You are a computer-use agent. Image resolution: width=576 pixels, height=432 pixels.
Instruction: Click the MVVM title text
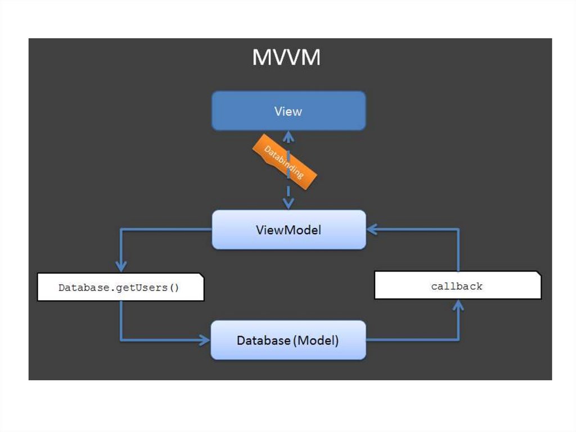[x=286, y=58]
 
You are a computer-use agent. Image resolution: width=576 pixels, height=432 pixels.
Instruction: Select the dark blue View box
[x=289, y=111]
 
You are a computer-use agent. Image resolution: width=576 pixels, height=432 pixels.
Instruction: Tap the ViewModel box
[x=289, y=230]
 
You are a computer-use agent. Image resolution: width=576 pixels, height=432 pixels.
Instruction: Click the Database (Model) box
[x=288, y=340]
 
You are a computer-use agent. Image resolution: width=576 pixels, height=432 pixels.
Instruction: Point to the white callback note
[x=457, y=286]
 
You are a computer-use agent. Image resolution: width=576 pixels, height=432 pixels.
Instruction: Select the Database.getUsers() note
[x=120, y=288]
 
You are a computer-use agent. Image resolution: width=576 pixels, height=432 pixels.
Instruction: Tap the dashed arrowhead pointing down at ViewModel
[x=289, y=204]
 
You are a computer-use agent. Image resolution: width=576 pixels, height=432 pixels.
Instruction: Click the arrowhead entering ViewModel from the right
[x=372, y=229]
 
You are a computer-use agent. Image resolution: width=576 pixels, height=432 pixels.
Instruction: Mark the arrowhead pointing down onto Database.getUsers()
[x=120, y=266]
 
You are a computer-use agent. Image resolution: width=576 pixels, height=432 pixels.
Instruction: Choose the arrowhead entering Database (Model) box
[x=204, y=340]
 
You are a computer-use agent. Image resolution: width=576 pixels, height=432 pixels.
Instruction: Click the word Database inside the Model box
[x=262, y=340]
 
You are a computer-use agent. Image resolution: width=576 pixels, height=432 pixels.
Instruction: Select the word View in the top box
[x=288, y=111]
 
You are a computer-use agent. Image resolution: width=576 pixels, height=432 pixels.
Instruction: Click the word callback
[x=457, y=286]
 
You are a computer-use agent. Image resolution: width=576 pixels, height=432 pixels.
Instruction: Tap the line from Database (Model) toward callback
[x=411, y=340]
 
